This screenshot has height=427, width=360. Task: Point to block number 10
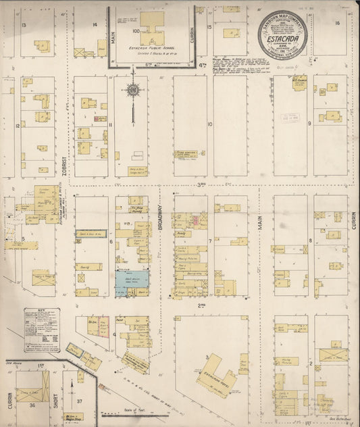click(x=210, y=124)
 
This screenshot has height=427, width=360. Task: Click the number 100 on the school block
click(x=136, y=31)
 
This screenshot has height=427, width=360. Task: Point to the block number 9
click(x=309, y=124)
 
